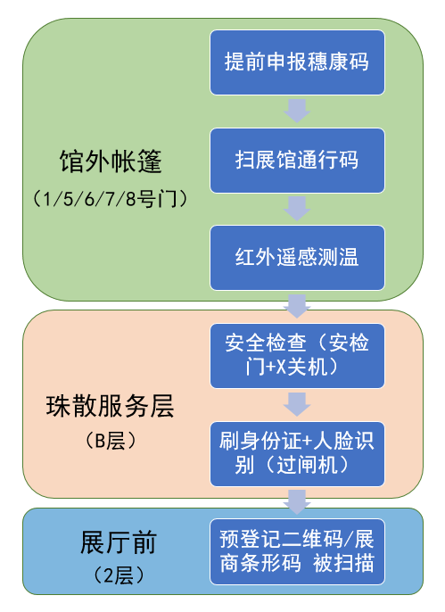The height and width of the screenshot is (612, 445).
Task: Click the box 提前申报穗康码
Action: pyautogui.click(x=297, y=62)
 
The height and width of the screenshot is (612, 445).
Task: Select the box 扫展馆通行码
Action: pyautogui.click(x=297, y=161)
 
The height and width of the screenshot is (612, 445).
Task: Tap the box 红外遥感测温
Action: pyautogui.click(x=297, y=258)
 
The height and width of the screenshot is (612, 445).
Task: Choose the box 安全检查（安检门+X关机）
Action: pyautogui.click(x=297, y=356)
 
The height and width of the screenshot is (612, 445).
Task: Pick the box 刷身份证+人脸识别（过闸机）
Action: pyautogui.click(x=297, y=454)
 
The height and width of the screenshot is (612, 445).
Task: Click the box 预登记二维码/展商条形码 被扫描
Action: pyautogui.click(x=297, y=551)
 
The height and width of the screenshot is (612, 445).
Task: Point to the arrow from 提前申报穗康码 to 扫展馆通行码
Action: pyautogui.click(x=297, y=111)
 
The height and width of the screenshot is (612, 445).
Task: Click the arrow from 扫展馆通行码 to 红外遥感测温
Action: pyautogui.click(x=297, y=209)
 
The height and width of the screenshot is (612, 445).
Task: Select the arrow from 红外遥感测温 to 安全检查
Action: pyautogui.click(x=297, y=306)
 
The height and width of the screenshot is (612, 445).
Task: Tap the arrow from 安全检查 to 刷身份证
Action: pyautogui.click(x=297, y=404)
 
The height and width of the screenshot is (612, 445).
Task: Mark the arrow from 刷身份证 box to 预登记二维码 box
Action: pyautogui.click(x=297, y=502)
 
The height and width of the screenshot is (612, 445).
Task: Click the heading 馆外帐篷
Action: pyautogui.click(x=111, y=161)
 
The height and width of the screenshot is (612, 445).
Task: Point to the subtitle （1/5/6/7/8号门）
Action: pyautogui.click(x=111, y=199)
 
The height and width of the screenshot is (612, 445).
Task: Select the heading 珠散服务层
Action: pyautogui.click(x=111, y=406)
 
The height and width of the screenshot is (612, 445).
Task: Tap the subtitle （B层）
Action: pyautogui.click(x=111, y=441)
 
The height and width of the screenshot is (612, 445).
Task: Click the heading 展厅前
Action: pyautogui.click(x=119, y=542)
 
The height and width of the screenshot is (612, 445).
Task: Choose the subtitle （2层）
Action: pyautogui.click(x=119, y=575)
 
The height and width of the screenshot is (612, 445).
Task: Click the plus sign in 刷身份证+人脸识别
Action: pyautogui.click(x=308, y=441)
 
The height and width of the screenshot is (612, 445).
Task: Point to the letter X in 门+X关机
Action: pyautogui.click(x=281, y=368)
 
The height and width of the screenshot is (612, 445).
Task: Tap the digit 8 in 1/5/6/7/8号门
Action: pyautogui.click(x=131, y=199)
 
